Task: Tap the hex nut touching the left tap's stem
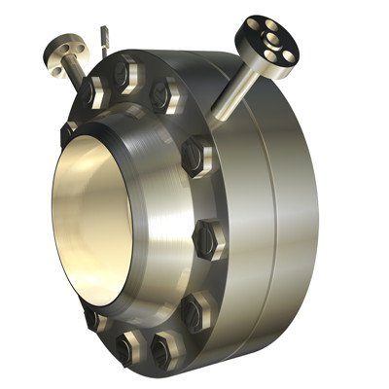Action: click(93, 92)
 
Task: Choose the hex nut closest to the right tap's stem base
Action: click(196, 153)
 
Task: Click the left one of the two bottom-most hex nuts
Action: click(127, 346)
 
